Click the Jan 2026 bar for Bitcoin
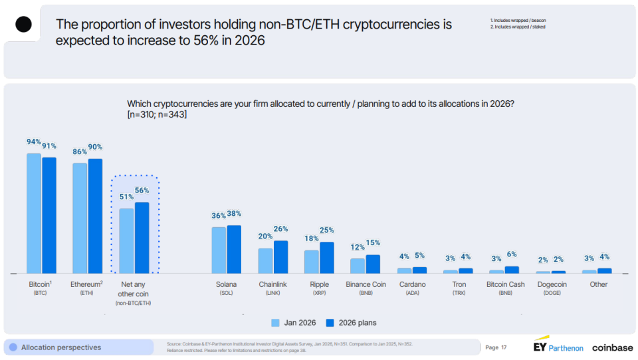tap(34, 213)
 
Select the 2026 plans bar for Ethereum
tap(95, 216)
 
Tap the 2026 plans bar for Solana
tap(234, 249)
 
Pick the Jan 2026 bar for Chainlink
tap(265, 260)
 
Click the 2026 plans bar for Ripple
tap(326, 258)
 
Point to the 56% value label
tap(142, 191)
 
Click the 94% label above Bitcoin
tap(33, 142)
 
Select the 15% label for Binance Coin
tap(373, 243)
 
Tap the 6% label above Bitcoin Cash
tap(511, 254)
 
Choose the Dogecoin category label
tap(552, 284)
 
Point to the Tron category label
tap(459, 284)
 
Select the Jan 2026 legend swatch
tap(275, 323)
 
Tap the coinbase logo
tap(611, 347)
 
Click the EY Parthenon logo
tap(558, 347)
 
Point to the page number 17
tap(504, 347)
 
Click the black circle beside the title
tap(24, 25)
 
